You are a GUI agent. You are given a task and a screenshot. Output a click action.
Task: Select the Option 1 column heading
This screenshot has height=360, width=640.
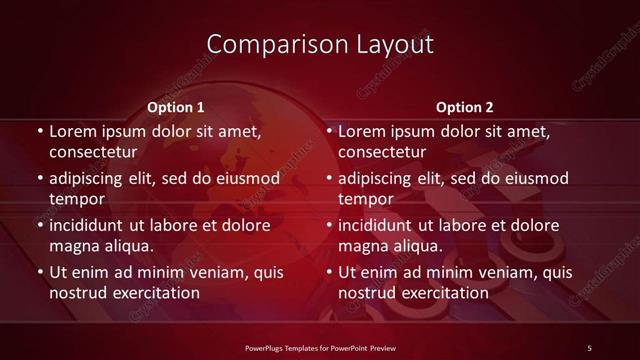(176, 107)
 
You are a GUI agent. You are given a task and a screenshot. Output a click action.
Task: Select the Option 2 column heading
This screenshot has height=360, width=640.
(465, 107)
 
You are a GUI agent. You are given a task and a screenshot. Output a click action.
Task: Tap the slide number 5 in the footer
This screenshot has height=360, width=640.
(589, 347)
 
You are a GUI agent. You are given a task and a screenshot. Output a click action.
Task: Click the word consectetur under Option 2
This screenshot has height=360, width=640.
(383, 152)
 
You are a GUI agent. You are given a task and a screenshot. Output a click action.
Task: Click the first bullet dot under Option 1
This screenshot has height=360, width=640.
(39, 131)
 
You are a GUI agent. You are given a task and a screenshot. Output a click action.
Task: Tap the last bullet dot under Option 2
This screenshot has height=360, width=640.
(329, 272)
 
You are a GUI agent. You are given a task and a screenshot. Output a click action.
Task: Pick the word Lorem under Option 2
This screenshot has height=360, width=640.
(361, 131)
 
